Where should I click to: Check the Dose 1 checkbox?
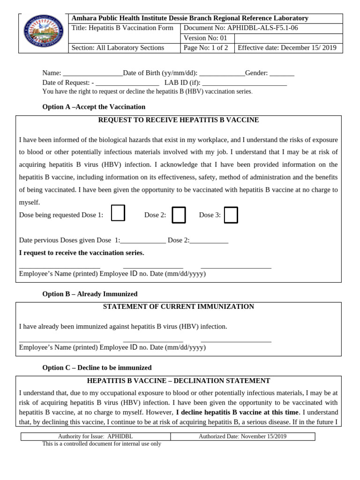coord(118,213)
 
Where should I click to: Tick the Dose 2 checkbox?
coord(179,215)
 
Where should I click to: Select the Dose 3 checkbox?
coord(231,215)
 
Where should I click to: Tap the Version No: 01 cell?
coord(207,38)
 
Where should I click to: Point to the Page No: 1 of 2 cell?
coord(207,48)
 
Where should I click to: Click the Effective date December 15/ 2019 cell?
coord(288,48)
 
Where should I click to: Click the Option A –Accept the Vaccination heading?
coord(94,107)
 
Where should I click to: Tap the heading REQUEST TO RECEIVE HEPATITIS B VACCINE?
coord(178,120)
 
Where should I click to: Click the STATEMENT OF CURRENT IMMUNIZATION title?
coord(178,307)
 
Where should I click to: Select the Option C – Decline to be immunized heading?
coord(97,368)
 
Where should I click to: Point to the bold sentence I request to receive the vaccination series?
coord(82,253)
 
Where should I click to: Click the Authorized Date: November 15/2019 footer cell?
coord(242,436)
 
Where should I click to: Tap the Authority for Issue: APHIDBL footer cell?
coord(95,436)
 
